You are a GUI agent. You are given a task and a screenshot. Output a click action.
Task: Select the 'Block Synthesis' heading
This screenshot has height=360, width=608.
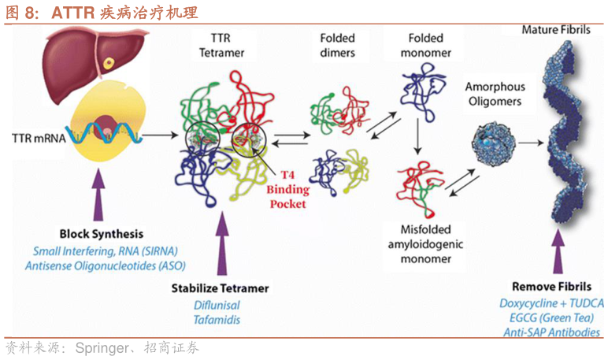tap(102, 234)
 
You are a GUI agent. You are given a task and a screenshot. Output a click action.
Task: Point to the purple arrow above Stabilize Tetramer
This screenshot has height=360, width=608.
tap(223, 245)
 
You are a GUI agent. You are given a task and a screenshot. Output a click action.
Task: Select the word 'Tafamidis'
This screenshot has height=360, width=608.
tap(217, 320)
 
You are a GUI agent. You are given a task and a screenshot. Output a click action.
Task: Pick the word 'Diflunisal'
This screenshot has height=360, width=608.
tap(217, 306)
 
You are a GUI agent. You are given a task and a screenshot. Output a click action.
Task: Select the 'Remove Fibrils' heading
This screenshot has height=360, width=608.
tap(548, 287)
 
